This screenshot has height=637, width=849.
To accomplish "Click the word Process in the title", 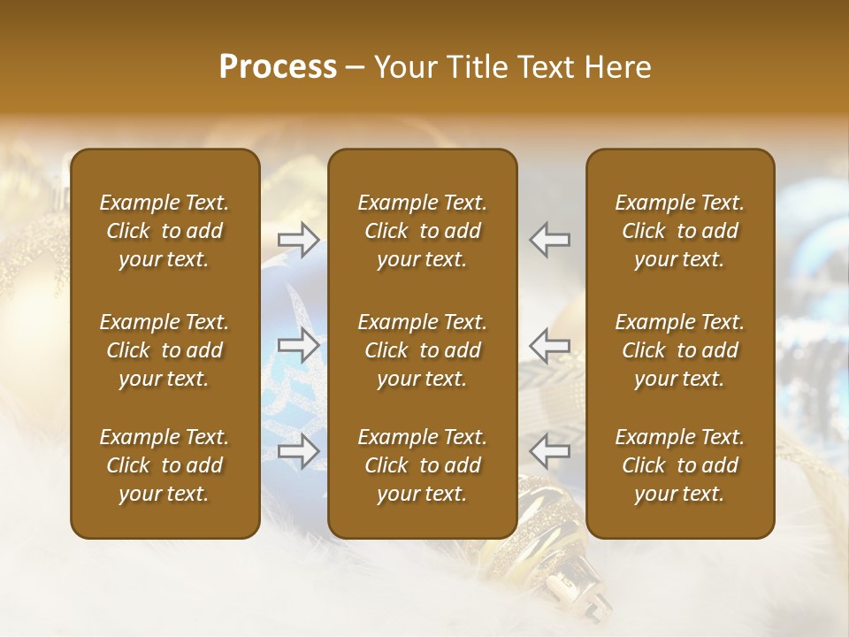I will [278, 67].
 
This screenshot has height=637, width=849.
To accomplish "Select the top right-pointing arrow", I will [298, 239].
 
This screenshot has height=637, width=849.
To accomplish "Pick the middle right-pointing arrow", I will [298, 345].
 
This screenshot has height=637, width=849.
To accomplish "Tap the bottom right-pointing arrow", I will [298, 451].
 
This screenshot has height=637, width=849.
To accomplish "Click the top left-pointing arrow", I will [550, 239].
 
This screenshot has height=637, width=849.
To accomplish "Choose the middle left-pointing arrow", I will [550, 345].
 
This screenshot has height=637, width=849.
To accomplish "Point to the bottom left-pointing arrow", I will [550, 451].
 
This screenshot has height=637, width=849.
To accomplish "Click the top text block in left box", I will [164, 231].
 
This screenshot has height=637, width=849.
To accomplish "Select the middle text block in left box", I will [164, 350].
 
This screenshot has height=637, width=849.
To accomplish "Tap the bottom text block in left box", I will [164, 465].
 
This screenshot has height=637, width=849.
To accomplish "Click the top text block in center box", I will [422, 231].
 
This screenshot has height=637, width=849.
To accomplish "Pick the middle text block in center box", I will [422, 350].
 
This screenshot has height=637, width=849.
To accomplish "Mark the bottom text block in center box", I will [422, 465].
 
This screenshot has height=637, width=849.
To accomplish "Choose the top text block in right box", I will [679, 231].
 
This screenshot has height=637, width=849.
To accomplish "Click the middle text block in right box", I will [679, 350].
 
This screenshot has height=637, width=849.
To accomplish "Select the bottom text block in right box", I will [679, 465].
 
